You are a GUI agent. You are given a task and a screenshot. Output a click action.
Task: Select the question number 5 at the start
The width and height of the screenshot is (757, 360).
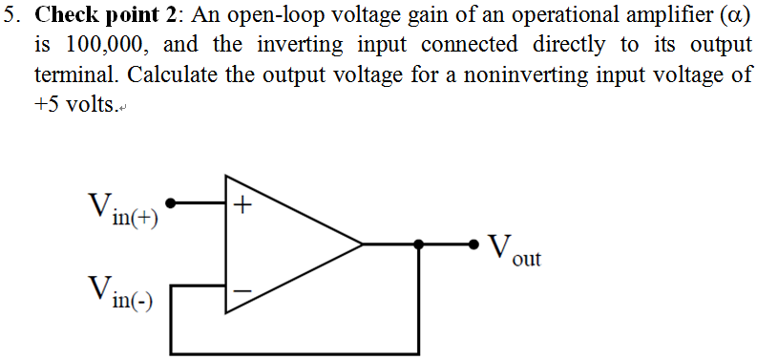click(x=11, y=16)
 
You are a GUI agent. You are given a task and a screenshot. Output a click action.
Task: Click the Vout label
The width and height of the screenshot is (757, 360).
click(x=514, y=250)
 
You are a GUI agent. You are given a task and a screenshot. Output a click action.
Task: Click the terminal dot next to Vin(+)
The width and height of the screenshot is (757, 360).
click(x=171, y=202)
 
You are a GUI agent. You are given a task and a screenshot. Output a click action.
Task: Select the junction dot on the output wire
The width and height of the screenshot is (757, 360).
click(x=418, y=244)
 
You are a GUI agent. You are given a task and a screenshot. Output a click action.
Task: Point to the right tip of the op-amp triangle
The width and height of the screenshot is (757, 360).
click(x=362, y=244)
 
